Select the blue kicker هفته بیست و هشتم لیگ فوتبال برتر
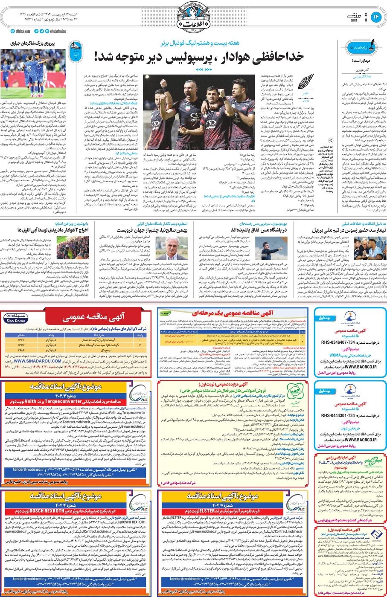200,43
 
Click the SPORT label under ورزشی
349,20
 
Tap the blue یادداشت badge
356,47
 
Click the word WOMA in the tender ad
335,355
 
